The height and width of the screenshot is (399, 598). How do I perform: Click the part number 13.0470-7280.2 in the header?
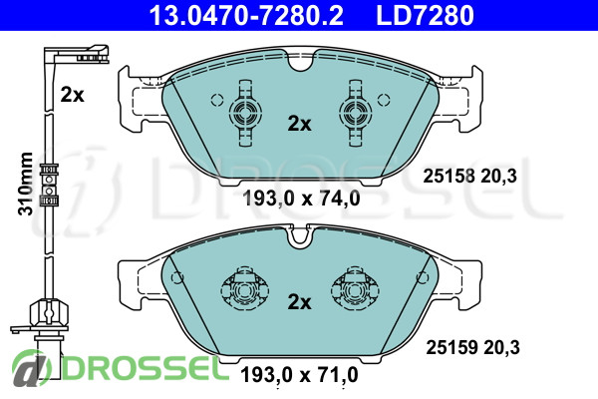pyautogui.click(x=246, y=15)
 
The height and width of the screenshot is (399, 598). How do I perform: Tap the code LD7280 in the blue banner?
pyautogui.click(x=425, y=15)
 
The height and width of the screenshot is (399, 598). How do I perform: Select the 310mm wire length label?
pyautogui.click(x=26, y=184)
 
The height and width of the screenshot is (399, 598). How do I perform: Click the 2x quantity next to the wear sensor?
pyautogui.click(x=72, y=95)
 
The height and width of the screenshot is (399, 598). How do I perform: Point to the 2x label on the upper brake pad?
pyautogui.click(x=299, y=124)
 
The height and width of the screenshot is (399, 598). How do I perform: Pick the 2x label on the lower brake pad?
pyautogui.click(x=299, y=301)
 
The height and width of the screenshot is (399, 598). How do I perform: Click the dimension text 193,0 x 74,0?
pyautogui.click(x=301, y=199)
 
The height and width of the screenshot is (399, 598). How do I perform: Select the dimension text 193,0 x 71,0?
pyautogui.click(x=299, y=375)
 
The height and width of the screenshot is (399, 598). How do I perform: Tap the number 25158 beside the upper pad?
pyautogui.click(x=449, y=176)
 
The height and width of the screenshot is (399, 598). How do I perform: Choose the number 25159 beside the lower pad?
pyautogui.click(x=451, y=347)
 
